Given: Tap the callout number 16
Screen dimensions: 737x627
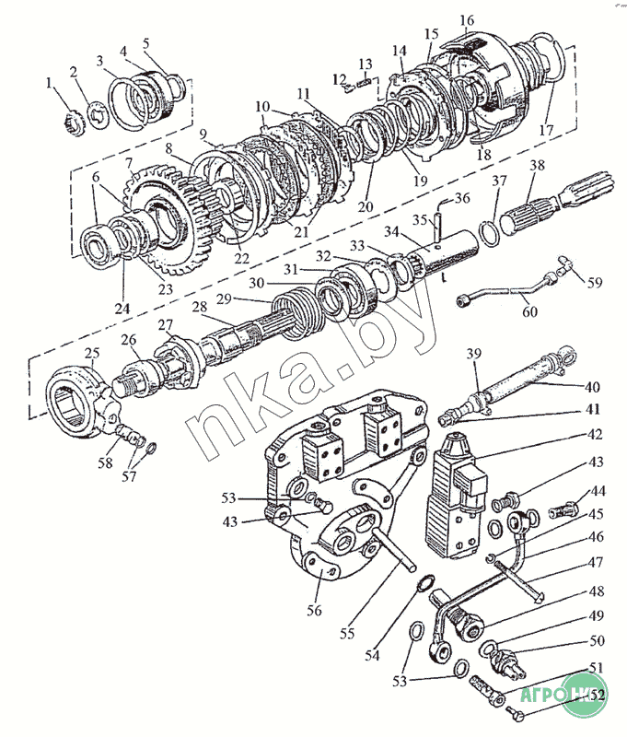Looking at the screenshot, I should tap(467, 19).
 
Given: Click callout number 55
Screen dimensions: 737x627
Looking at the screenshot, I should tap(346, 633).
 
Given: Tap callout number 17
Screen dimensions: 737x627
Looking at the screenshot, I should tap(546, 131).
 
